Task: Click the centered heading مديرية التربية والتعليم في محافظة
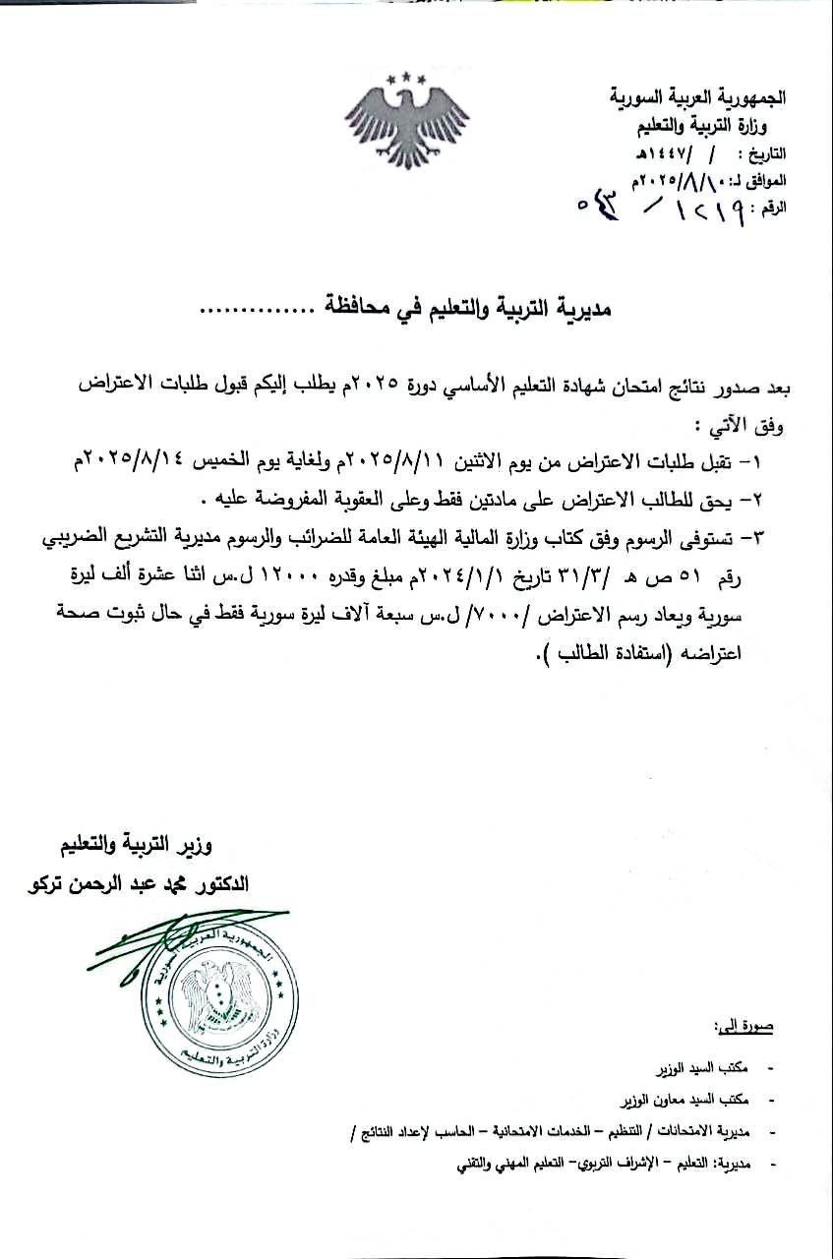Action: pyautogui.click(x=458, y=310)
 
